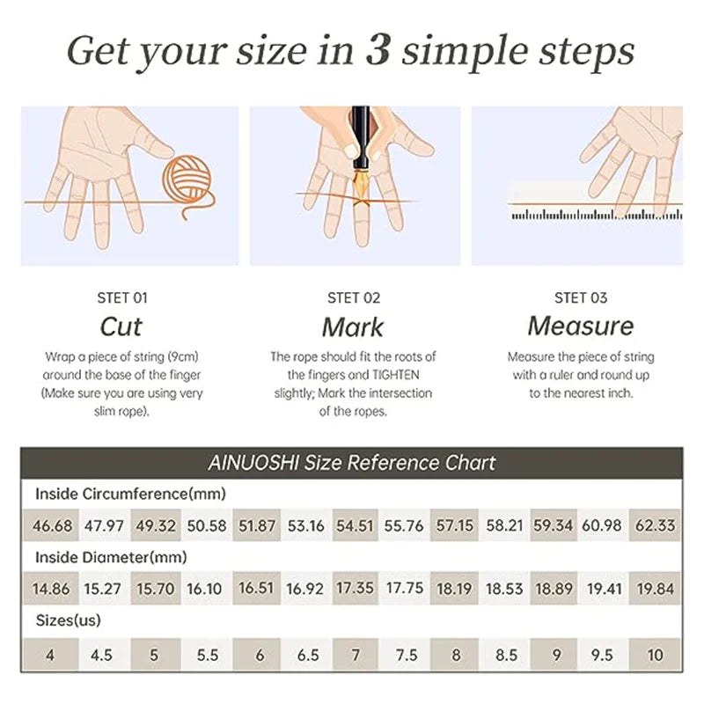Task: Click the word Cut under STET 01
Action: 121,326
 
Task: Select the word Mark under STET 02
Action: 353,326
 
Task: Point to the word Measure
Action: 581,326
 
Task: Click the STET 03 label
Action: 581,297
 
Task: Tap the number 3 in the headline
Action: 378,50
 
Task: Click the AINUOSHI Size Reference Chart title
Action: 352,463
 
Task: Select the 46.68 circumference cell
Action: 51,524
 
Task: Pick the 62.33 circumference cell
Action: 655,524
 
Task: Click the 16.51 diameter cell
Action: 256,588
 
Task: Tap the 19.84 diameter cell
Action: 655,588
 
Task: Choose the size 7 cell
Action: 356,655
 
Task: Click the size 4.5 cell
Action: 101,655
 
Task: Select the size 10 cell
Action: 655,655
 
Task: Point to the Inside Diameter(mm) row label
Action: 111,557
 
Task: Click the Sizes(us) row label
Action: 69,620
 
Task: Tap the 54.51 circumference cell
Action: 356,524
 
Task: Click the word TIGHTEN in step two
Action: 395,375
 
